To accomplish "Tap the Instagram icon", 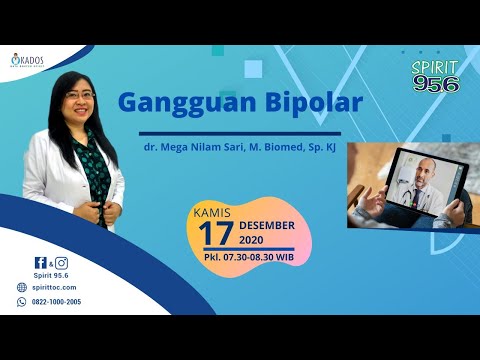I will click(61, 263).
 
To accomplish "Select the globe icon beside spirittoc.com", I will click(21, 288).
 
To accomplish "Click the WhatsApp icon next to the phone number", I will click(21, 301).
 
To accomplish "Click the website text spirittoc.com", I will click(56, 288).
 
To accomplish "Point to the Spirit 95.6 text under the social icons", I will click(50, 275).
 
